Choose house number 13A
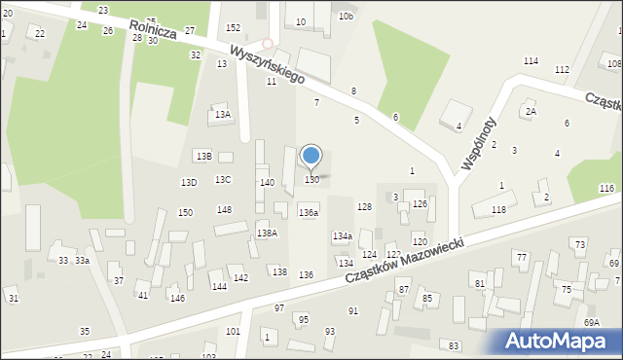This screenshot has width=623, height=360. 223,115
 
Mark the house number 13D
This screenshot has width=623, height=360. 189,182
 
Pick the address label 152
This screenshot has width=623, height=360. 233,28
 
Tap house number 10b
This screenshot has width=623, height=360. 347,17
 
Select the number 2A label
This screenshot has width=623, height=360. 531,112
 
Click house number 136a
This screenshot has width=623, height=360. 309,212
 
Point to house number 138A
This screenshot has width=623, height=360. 267,233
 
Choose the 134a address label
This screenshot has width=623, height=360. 342,236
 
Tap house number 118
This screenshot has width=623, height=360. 498,210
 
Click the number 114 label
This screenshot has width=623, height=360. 531,61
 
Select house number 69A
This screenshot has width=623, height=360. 591,322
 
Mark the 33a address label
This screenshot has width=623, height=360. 83,261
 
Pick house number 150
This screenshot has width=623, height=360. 185,212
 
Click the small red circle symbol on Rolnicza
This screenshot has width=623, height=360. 267,44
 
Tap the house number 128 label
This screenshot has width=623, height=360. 364,207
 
